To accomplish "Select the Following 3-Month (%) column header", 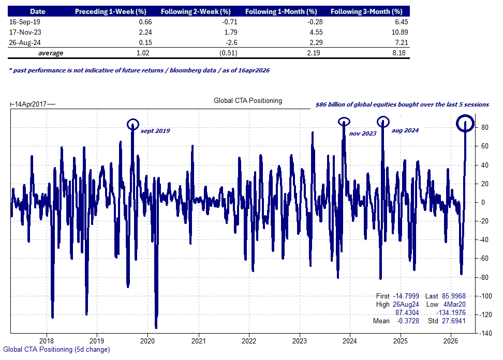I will tap(366, 11).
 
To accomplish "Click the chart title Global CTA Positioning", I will tap(248, 100).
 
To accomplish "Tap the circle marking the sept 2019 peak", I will tap(133, 124).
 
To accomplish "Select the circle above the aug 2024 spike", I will tap(383, 122).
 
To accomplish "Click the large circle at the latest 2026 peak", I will tap(465, 123).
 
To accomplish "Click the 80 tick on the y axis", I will tap(485, 127).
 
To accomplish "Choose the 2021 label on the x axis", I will tap(199, 341).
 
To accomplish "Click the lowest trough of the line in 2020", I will tap(156, 327).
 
